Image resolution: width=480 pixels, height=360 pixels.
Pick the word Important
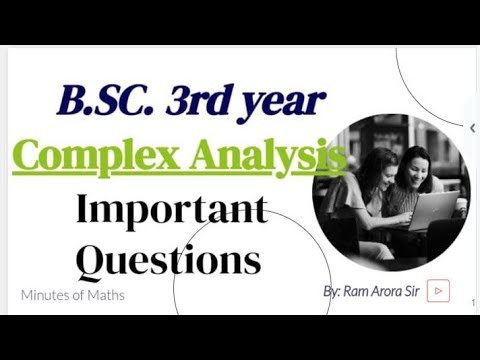[x=172, y=210]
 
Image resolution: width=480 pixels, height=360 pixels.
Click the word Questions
[x=168, y=260]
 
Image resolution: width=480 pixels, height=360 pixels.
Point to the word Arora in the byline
[x=384, y=291]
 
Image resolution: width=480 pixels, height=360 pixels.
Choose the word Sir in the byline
[x=411, y=291]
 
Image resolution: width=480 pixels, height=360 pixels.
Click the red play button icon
[x=437, y=291]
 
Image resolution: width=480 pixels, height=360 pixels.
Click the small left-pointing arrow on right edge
[x=472, y=128]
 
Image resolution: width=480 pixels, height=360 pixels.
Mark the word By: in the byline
[x=332, y=291]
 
